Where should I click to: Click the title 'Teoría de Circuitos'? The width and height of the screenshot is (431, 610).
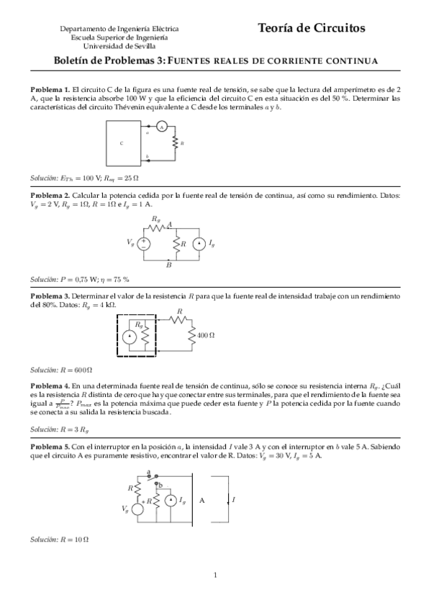point(312,28)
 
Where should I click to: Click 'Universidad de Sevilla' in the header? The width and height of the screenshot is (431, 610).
point(119,45)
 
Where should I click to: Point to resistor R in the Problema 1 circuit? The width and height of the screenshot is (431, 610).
point(175,144)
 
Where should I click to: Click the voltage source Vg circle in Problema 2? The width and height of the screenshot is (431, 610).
point(144,244)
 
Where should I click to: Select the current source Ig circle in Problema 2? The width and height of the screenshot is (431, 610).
point(199,244)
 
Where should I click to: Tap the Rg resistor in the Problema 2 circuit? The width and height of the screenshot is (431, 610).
point(156,227)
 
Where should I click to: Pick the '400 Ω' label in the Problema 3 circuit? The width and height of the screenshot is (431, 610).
point(207,335)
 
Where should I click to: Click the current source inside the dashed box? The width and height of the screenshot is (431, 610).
point(129,336)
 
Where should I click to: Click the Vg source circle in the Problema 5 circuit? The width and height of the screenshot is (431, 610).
point(137,509)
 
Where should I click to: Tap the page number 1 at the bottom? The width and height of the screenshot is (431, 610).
point(215,574)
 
